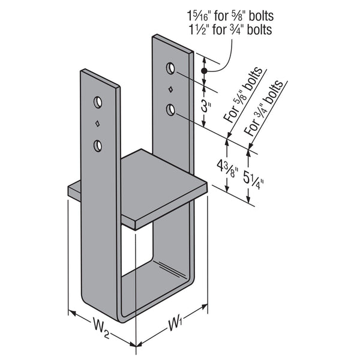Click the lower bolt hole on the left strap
click(x=98, y=146)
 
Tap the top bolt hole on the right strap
click(x=171, y=68)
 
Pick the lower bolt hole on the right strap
click(x=171, y=110)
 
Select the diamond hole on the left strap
click(x=98, y=124)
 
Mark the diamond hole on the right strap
click(x=171, y=89)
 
